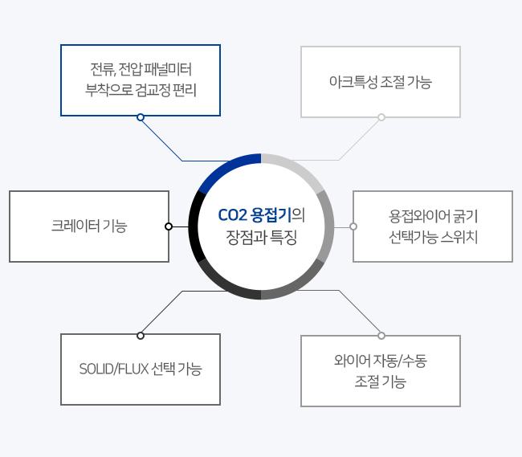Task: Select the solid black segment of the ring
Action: pyautogui.click(x=194, y=226)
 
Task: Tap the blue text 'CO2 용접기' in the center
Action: pyautogui.click(x=255, y=215)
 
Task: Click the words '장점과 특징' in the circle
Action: pyautogui.click(x=261, y=237)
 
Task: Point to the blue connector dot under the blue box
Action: pyautogui.click(x=141, y=117)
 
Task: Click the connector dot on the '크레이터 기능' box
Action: pyautogui.click(x=169, y=226)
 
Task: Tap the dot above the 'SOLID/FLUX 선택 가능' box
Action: pyautogui.click(x=141, y=336)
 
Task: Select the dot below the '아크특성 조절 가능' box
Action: pyautogui.click(x=381, y=117)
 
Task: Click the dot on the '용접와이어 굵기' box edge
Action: pyautogui.click(x=353, y=226)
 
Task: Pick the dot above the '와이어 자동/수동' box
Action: pyautogui.click(x=381, y=336)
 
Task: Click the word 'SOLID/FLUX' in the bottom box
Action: pyautogui.click(x=114, y=369)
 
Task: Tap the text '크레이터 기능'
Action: pyautogui.click(x=89, y=226)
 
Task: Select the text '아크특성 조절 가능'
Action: pyautogui.click(x=381, y=82)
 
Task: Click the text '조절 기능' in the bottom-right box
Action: pyautogui.click(x=381, y=382)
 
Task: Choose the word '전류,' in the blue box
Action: pyautogui.click(x=103, y=69)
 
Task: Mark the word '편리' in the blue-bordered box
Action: pyautogui.click(x=185, y=90)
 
